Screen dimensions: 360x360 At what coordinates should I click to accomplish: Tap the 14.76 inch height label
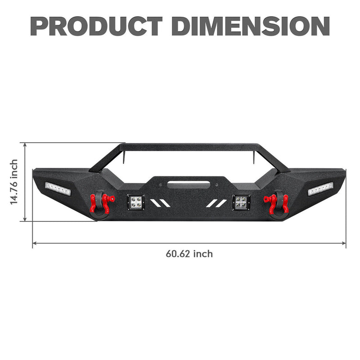(14, 182)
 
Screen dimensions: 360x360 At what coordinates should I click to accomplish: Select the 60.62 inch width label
(189, 254)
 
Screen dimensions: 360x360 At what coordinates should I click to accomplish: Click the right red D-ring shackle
(272, 202)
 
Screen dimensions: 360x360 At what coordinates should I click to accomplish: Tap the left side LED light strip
(58, 189)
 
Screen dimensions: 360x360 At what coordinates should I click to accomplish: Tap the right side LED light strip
(320, 189)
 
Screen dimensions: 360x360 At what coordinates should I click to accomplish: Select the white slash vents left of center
(161, 203)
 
